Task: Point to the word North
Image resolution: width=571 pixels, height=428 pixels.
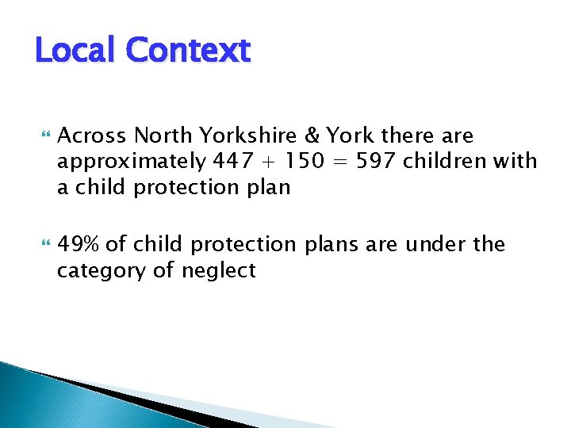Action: tap(163, 136)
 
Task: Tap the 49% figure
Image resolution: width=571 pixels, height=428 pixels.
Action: tap(81, 244)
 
